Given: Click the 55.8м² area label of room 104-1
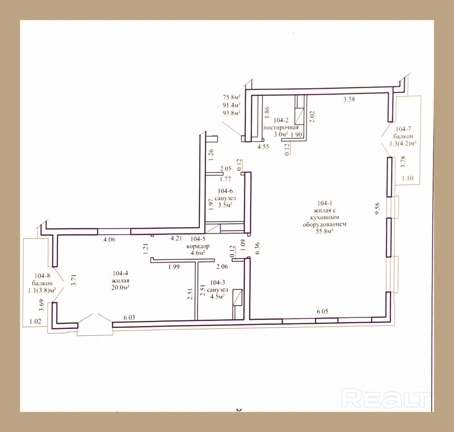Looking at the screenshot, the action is [x=325, y=231].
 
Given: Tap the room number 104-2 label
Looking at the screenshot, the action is [x=281, y=120].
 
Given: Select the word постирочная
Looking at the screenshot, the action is [x=281, y=127].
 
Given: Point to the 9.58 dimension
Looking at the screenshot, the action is [x=377, y=209].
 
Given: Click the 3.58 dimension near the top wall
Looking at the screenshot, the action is [x=349, y=100].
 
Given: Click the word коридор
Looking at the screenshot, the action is [x=198, y=246].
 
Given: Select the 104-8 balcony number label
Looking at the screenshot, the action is [x=42, y=276].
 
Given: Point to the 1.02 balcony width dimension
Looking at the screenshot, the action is [x=35, y=322].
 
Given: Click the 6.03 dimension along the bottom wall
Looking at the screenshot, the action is [x=129, y=317].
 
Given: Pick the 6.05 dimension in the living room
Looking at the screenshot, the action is [x=322, y=311].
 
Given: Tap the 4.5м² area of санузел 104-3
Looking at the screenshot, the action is [x=217, y=297].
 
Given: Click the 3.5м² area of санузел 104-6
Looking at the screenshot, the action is [x=225, y=205].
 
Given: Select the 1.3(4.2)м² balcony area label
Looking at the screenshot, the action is [x=403, y=144].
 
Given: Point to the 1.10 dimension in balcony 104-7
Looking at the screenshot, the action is [x=407, y=178].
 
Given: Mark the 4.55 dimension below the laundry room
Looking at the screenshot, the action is [x=263, y=146].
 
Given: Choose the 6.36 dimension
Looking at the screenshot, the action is [x=258, y=248].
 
